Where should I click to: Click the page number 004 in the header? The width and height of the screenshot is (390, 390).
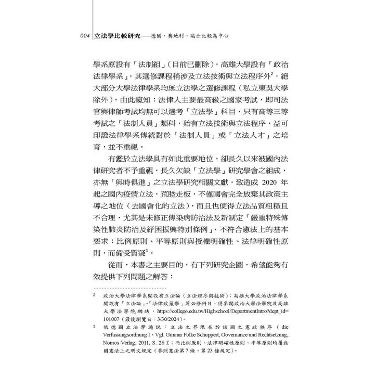83,37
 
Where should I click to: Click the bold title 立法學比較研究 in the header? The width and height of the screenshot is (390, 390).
117,37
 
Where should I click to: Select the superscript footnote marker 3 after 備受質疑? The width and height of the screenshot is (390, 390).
147,251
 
